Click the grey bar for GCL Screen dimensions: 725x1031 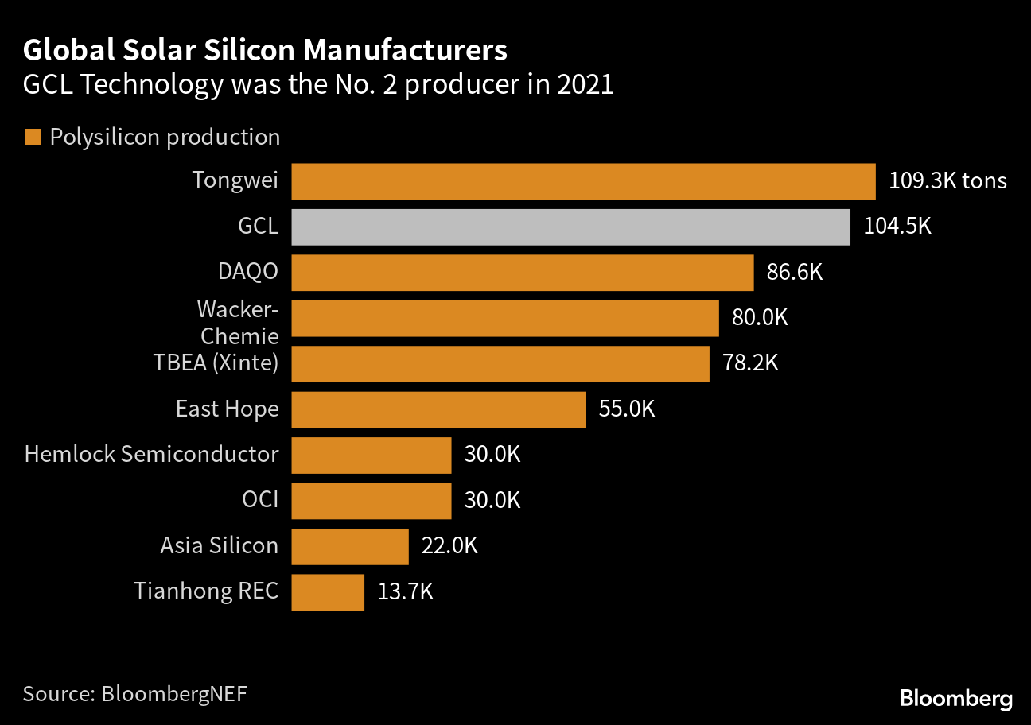pyautogui.click(x=570, y=227)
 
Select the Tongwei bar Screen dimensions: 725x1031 pyautogui.click(x=583, y=181)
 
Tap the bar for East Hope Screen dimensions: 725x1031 pyautogui.click(x=438, y=409)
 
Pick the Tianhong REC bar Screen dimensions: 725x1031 pyautogui.click(x=328, y=592)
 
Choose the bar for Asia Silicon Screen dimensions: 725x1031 pyautogui.click(x=350, y=546)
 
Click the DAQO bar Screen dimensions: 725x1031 pyautogui.click(x=522, y=273)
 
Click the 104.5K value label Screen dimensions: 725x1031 pyautogui.click(x=897, y=227)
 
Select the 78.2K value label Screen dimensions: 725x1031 pyautogui.click(x=750, y=364)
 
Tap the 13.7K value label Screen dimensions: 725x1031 pyautogui.click(x=406, y=592)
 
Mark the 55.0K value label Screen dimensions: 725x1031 pyautogui.click(x=627, y=409)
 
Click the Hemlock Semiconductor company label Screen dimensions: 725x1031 pyautogui.click(x=152, y=455)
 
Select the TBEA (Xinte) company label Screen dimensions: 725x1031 pyautogui.click(x=216, y=364)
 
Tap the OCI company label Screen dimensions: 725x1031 pyautogui.click(x=260, y=501)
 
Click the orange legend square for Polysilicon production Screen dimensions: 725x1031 pyautogui.click(x=33, y=138)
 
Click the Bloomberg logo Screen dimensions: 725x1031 pyautogui.click(x=956, y=699)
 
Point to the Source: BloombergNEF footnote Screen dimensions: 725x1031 pyautogui.click(x=135, y=693)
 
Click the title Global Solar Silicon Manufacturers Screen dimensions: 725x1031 pyautogui.click(x=265, y=51)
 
